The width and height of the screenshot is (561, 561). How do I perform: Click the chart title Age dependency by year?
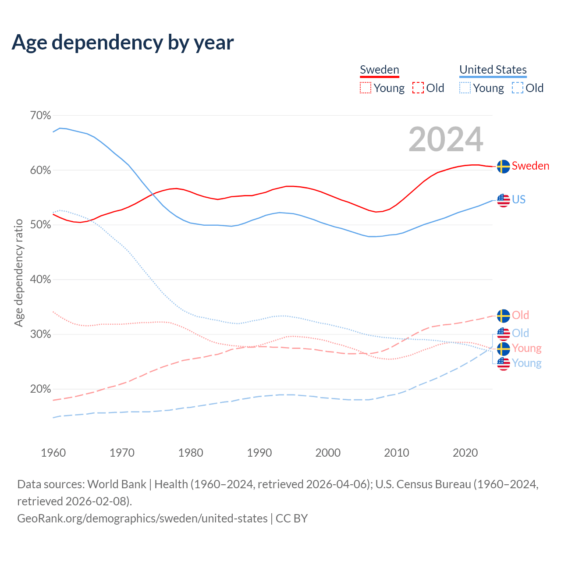[x=123, y=43]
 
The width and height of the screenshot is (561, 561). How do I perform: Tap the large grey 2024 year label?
[x=446, y=139]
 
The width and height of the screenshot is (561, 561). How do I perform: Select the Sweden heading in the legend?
[x=379, y=70]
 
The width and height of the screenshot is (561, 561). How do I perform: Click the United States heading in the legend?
[x=493, y=70]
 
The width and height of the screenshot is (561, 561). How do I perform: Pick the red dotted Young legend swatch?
[x=365, y=88]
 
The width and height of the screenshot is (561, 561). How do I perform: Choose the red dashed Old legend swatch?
[x=418, y=88]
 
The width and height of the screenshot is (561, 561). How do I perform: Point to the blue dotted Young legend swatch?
[x=465, y=88]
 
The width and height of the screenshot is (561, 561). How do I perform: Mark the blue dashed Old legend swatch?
[x=517, y=88]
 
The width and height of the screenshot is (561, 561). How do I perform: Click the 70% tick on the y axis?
[x=40, y=116]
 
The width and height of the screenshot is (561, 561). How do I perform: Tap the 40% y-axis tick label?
[x=40, y=280]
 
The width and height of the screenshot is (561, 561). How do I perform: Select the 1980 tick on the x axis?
[x=191, y=453]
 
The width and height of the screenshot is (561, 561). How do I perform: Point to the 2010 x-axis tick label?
[x=397, y=453]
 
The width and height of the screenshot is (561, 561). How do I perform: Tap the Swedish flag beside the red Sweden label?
[x=503, y=167]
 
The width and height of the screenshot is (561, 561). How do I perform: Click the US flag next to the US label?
[x=503, y=200]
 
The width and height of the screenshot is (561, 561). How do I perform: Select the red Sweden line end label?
[x=530, y=166]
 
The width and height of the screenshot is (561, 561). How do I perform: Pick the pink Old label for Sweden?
[x=520, y=315]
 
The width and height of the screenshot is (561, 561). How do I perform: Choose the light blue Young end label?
[x=526, y=363]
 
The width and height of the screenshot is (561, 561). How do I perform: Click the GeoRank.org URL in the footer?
[x=142, y=518]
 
